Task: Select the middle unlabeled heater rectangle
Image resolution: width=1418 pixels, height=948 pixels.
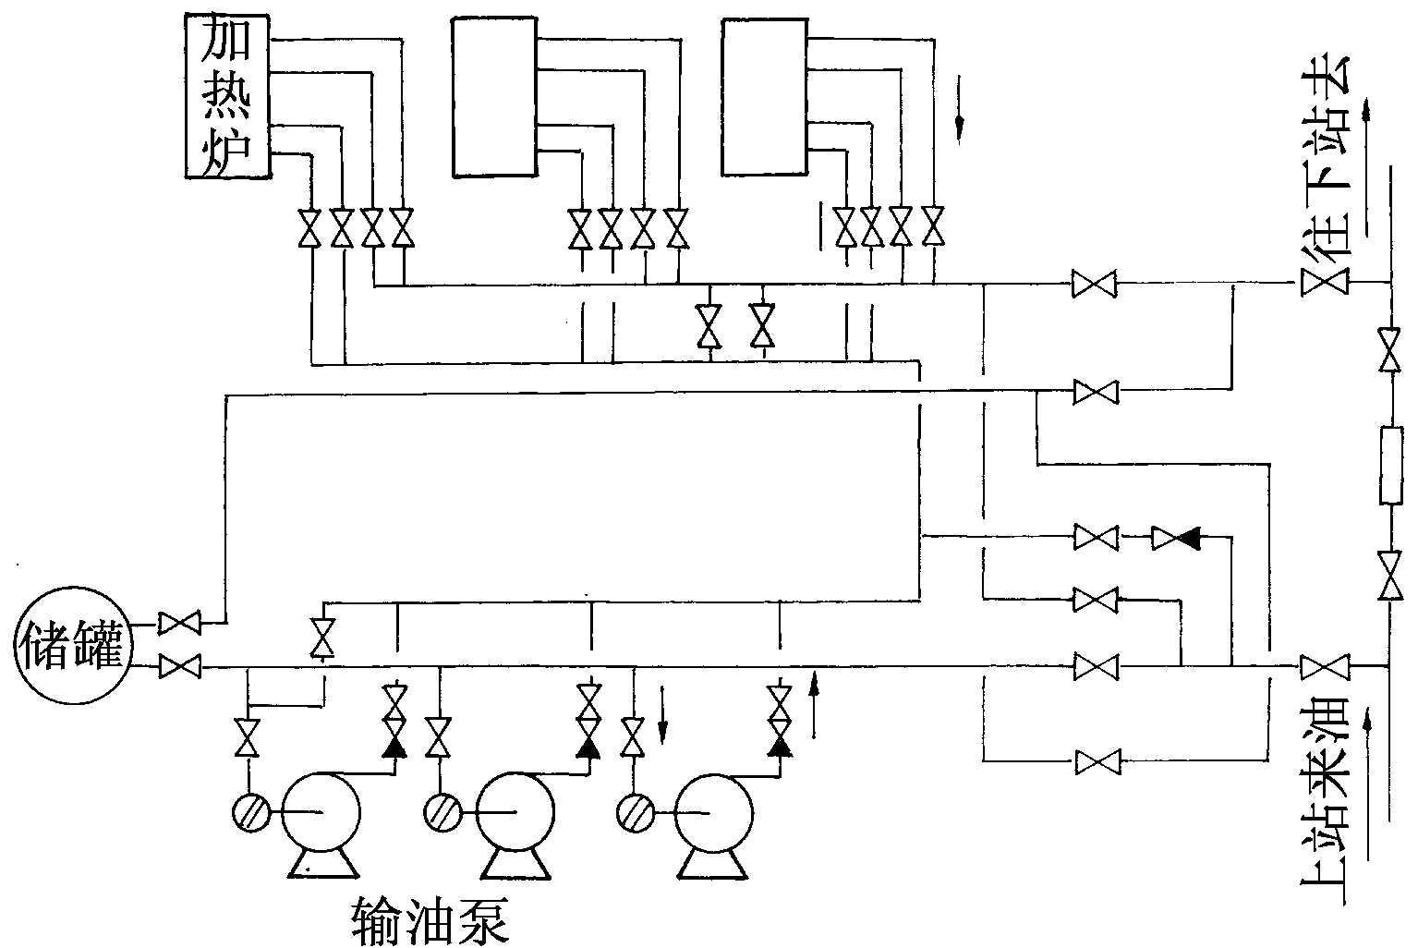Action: click(494, 96)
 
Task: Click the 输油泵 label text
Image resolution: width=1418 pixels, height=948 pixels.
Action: click(430, 919)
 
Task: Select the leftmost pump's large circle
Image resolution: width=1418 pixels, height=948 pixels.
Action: click(321, 813)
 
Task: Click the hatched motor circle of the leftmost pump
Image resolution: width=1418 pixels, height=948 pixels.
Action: click(251, 813)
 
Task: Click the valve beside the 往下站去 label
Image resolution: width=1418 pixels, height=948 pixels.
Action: click(1325, 282)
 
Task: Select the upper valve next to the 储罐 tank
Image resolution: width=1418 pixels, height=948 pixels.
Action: click(179, 624)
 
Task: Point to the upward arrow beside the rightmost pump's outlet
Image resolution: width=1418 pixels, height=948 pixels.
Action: click(814, 707)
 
